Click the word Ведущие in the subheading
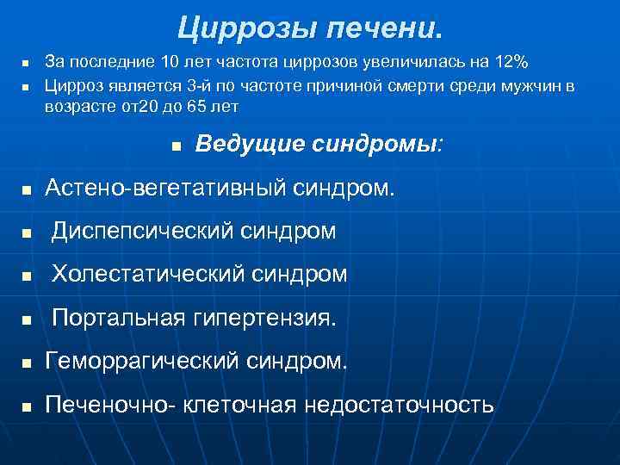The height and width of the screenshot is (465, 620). (x=250, y=144)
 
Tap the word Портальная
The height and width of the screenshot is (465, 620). (x=118, y=319)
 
